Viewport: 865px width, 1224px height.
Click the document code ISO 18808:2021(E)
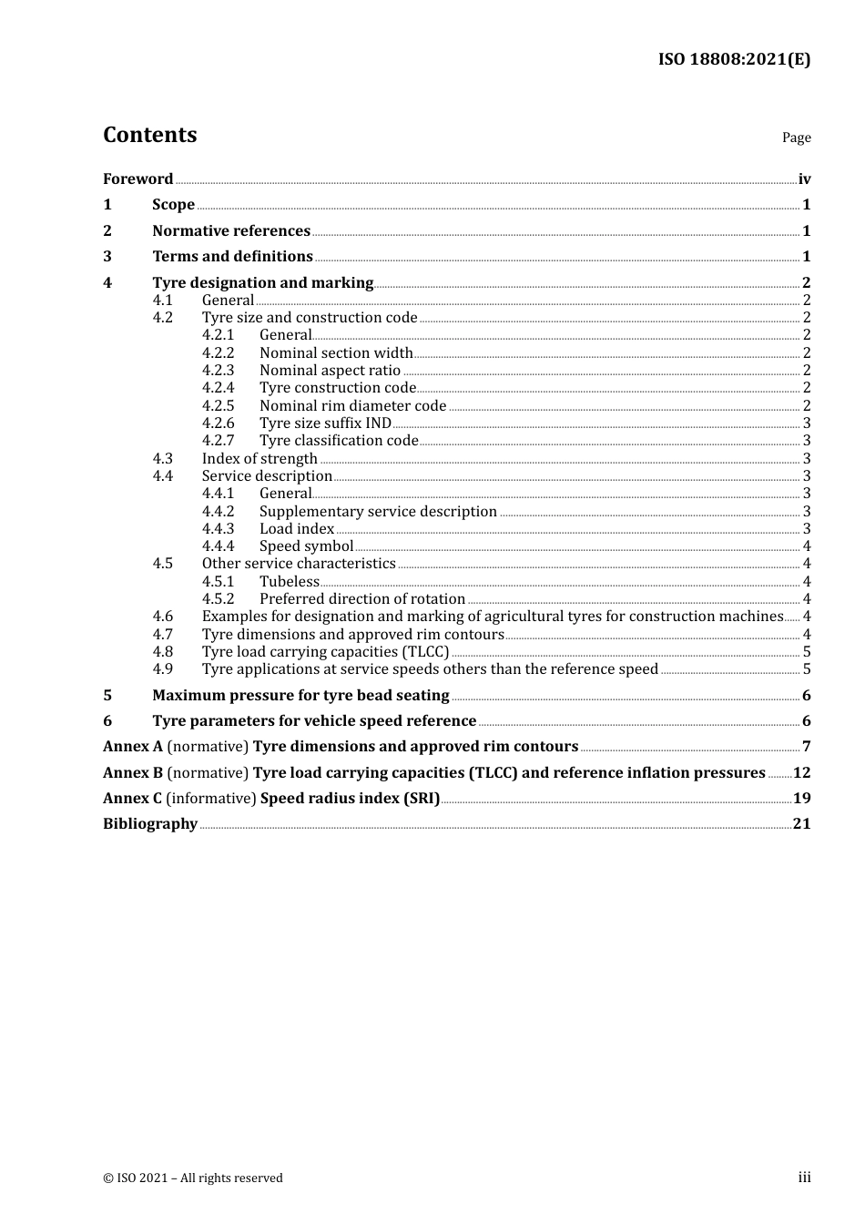click(734, 59)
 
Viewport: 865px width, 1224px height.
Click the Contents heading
click(149, 135)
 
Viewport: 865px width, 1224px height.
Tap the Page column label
click(796, 138)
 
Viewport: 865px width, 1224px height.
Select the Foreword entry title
click(137, 179)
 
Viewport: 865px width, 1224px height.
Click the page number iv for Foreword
click(804, 179)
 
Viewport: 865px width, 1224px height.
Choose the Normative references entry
click(231, 231)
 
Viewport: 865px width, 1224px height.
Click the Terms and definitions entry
click(232, 257)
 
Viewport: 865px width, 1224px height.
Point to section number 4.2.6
click(218, 423)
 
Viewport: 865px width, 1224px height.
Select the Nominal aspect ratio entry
click(330, 371)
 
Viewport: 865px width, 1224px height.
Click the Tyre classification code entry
click(339, 441)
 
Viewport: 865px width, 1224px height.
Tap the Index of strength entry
click(259, 459)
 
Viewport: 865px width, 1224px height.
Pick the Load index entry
click(297, 529)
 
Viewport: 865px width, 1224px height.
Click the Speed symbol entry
click(306, 546)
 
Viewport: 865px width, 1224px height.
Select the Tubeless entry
click(290, 582)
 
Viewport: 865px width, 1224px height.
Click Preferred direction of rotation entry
click(362, 599)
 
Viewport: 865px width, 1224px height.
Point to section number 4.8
click(162, 652)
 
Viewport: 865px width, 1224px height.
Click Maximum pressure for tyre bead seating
click(300, 696)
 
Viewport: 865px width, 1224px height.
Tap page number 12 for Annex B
click(801, 773)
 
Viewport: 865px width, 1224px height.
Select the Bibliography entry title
click(150, 824)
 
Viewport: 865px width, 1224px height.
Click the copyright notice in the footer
click(193, 1178)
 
